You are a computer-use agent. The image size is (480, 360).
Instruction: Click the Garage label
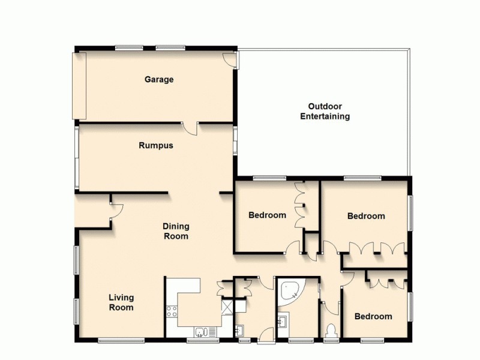[159, 79]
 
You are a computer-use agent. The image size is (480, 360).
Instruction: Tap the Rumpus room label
[156, 145]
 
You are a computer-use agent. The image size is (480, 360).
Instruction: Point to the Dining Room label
[176, 231]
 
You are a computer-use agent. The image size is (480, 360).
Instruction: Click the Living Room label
[121, 302]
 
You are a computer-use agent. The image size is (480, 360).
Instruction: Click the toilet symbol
[331, 330]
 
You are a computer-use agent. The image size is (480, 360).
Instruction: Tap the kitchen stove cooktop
[171, 311]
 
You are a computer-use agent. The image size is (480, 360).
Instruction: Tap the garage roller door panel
[79, 85]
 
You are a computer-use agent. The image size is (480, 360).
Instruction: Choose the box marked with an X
[227, 308]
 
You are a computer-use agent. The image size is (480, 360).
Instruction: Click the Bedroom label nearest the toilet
[373, 316]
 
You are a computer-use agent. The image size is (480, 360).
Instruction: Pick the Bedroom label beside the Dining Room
[267, 215]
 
